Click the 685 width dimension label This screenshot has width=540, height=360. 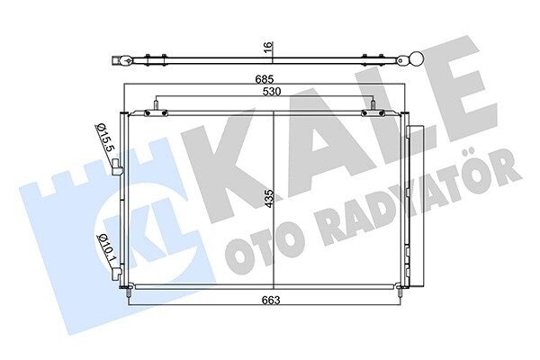[x=264, y=79]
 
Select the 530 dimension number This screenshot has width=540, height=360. [x=272, y=92]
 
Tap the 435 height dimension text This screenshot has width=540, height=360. [x=269, y=200]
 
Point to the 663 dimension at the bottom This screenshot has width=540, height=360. [x=271, y=300]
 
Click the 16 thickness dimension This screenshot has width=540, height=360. [x=269, y=47]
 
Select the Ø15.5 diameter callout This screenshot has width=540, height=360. [x=105, y=138]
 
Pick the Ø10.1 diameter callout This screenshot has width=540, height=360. [x=107, y=250]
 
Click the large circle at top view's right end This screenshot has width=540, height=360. [x=417, y=58]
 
